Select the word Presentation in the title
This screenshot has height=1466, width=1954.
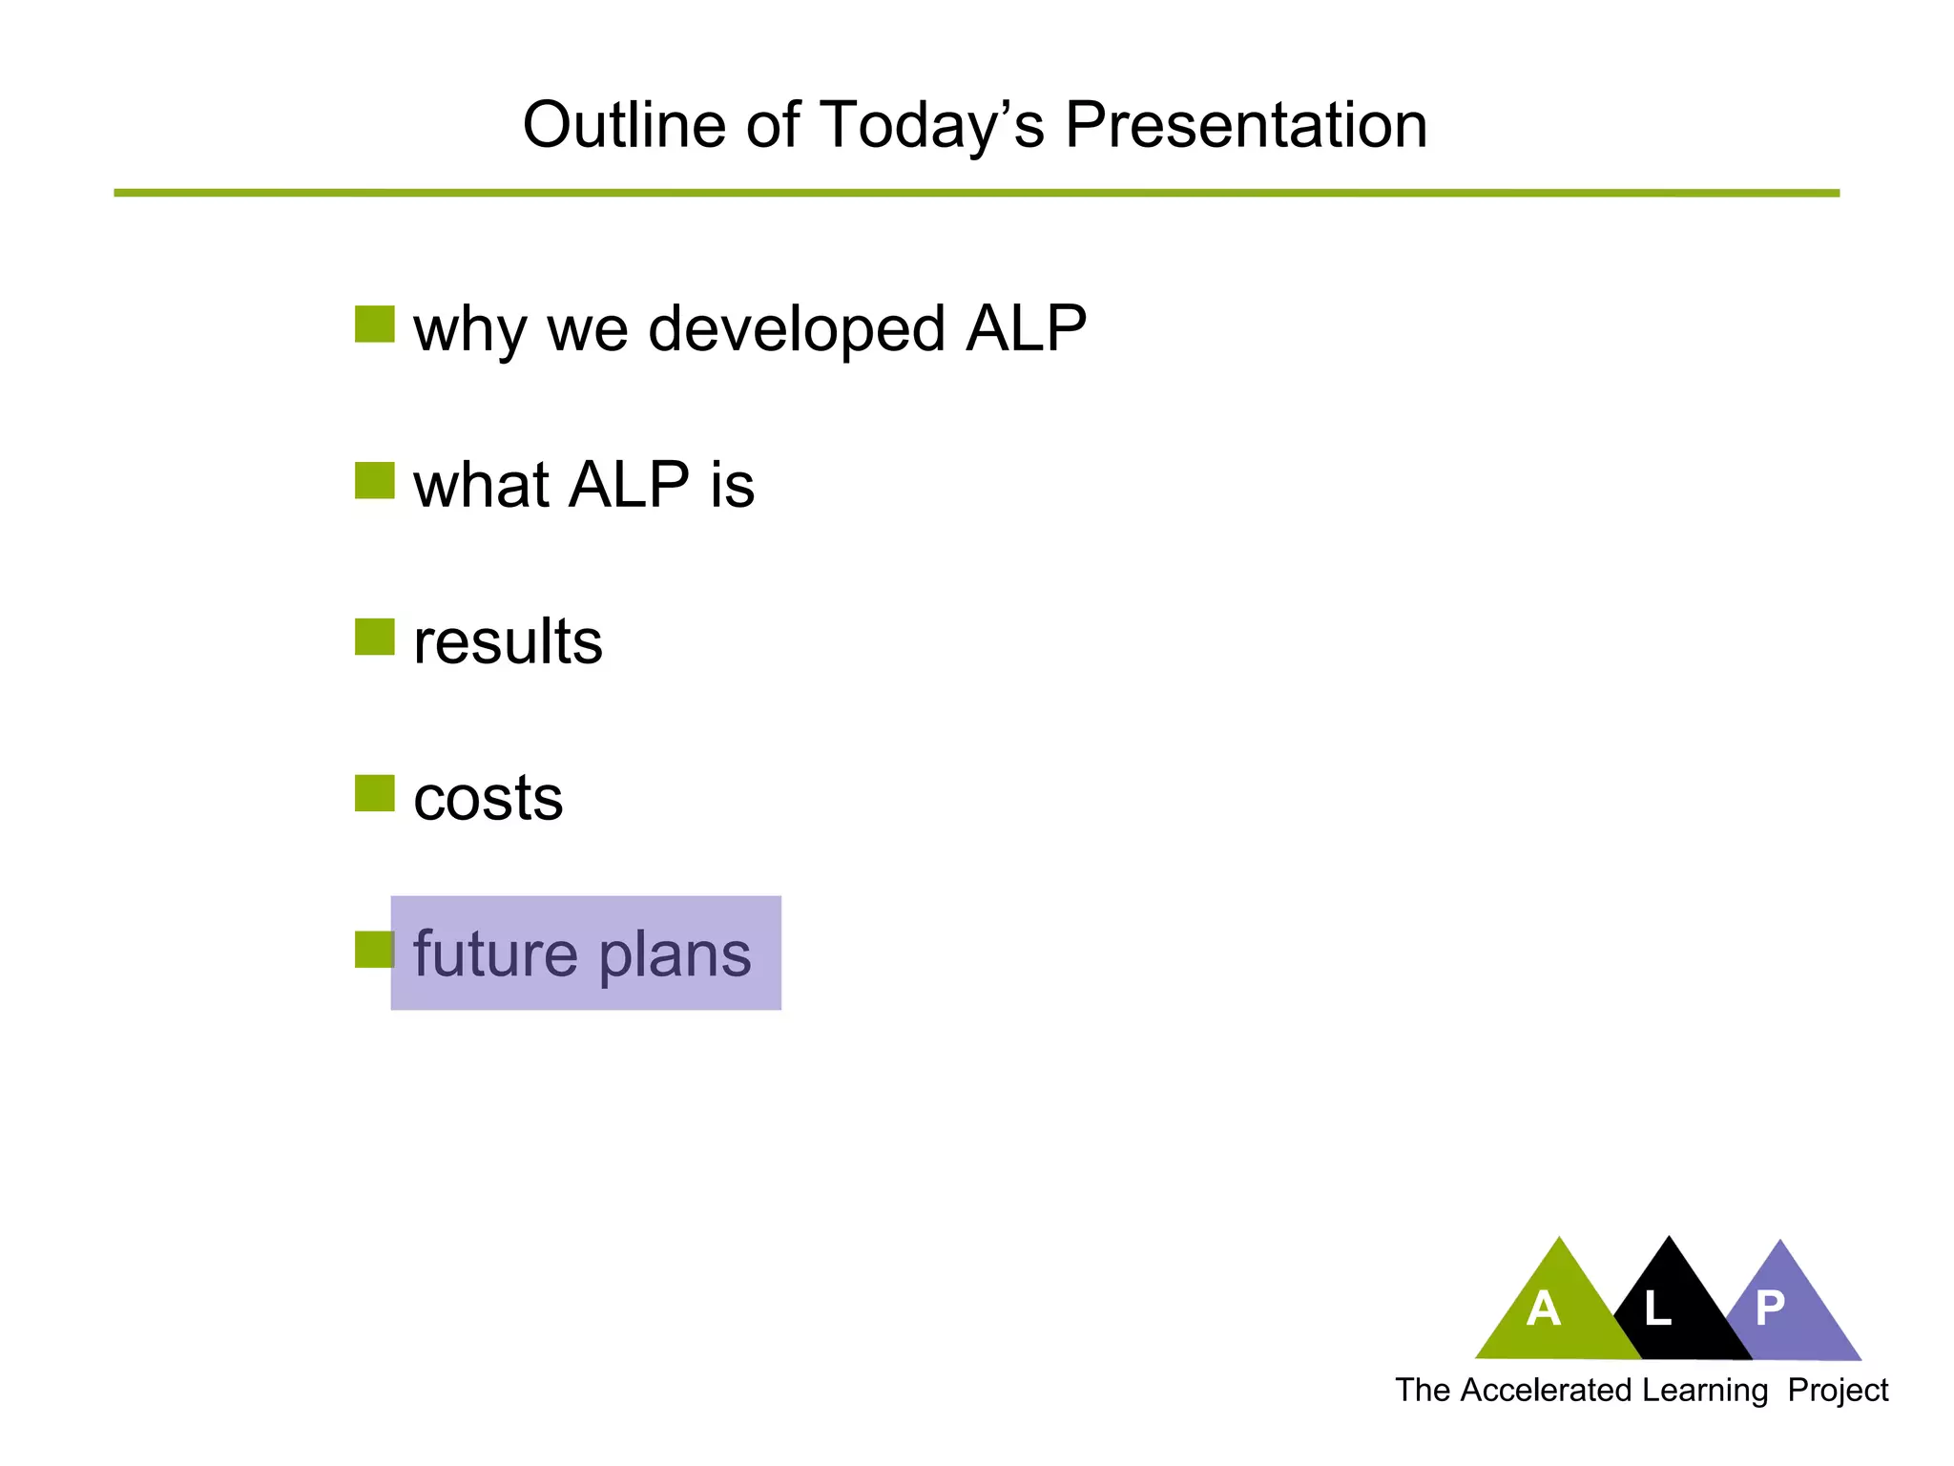(x=1245, y=125)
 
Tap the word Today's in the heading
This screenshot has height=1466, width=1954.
(x=931, y=125)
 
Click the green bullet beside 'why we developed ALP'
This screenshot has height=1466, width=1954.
(x=374, y=324)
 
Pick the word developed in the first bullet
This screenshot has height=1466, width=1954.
(x=798, y=328)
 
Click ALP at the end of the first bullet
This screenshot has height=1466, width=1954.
(x=1026, y=328)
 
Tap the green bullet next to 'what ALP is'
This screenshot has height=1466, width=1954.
(x=374, y=480)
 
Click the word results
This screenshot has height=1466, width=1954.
(x=508, y=641)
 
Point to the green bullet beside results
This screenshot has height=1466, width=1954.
(x=374, y=637)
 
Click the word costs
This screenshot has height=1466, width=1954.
(x=488, y=798)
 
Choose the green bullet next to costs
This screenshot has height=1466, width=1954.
(x=374, y=793)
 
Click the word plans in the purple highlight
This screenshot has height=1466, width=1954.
(x=675, y=953)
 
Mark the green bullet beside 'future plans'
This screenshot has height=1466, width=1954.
(x=372, y=949)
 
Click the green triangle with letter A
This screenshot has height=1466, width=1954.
(x=1550, y=1312)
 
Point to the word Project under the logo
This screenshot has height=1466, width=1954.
(x=1838, y=1391)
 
